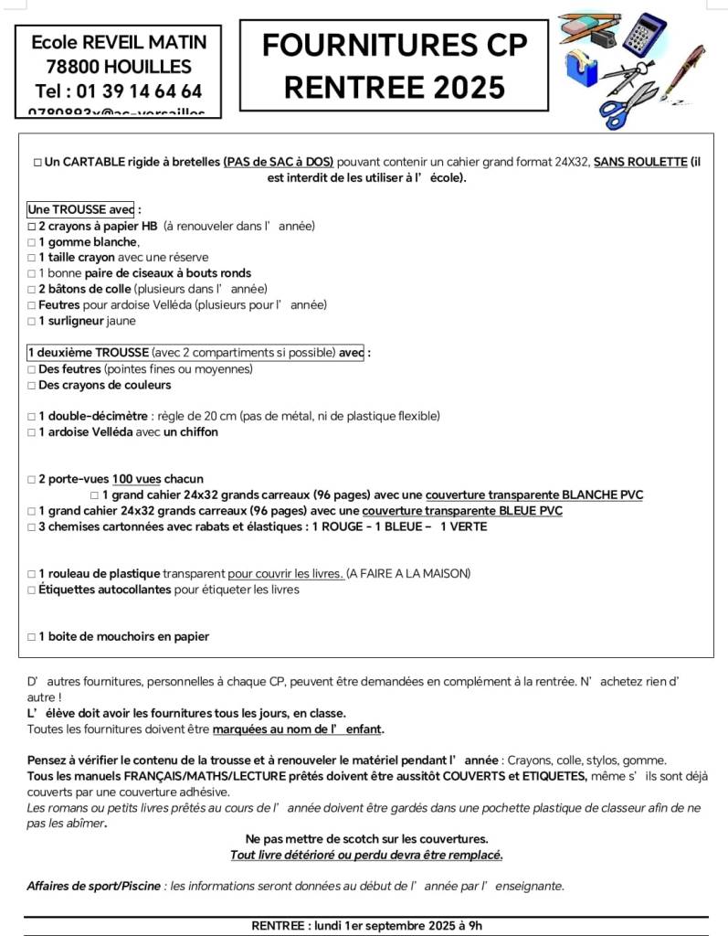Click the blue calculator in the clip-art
pyautogui.click(x=645, y=34)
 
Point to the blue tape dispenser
pyautogui.click(x=581, y=68)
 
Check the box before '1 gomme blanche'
pyautogui.click(x=32, y=242)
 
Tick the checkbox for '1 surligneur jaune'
pyautogui.click(x=32, y=321)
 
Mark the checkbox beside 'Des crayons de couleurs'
pyautogui.click(x=32, y=385)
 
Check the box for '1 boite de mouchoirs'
pyautogui.click(x=32, y=637)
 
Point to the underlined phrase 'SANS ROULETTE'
pyautogui.click(x=639, y=162)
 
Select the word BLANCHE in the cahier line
pyautogui.click(x=588, y=495)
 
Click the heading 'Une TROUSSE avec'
pyautogui.click(x=80, y=209)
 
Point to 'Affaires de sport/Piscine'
pyautogui.click(x=93, y=885)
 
